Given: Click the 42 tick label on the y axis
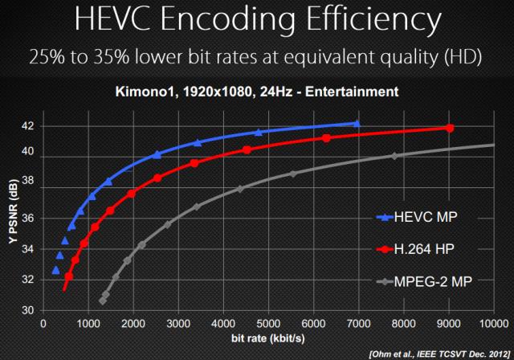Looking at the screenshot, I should pyautogui.click(x=27, y=126).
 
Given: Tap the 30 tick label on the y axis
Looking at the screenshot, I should pyautogui.click(x=27, y=310).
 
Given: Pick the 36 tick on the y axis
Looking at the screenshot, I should pyautogui.click(x=27, y=219).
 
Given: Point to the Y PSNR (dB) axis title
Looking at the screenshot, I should pyautogui.click(x=10, y=218).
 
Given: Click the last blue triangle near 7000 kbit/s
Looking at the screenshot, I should pyautogui.click(x=357, y=123).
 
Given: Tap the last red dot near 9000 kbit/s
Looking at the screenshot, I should pyautogui.click(x=450, y=128).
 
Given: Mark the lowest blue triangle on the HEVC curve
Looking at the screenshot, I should pyautogui.click(x=55, y=270).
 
